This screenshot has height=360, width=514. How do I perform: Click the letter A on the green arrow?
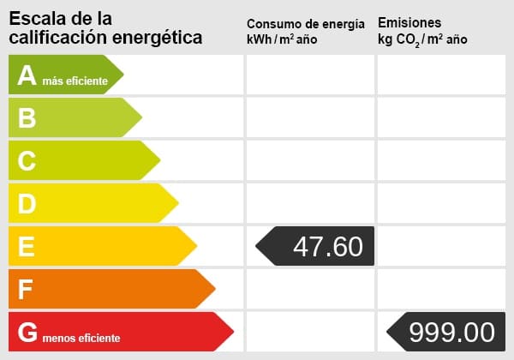(27, 75)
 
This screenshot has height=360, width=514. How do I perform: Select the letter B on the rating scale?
(27, 118)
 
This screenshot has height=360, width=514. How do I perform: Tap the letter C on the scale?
(27, 161)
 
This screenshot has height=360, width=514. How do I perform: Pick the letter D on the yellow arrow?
(27, 204)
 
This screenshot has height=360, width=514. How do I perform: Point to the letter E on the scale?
(27, 247)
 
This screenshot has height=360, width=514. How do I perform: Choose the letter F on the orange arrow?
(26, 290)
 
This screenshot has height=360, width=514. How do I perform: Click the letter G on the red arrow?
(28, 333)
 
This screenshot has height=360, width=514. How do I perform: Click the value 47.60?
(327, 247)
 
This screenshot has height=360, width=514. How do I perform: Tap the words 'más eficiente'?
(75, 81)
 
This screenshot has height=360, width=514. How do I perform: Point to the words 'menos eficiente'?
(82, 338)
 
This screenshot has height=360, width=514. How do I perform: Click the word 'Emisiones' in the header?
(409, 22)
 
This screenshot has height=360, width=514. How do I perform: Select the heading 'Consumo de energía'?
(305, 23)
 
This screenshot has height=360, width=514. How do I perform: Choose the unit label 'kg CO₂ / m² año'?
(422, 39)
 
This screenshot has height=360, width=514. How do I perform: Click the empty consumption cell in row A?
(310, 75)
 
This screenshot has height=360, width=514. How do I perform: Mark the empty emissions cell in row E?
(441, 246)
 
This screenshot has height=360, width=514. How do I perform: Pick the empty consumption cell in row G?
(310, 332)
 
